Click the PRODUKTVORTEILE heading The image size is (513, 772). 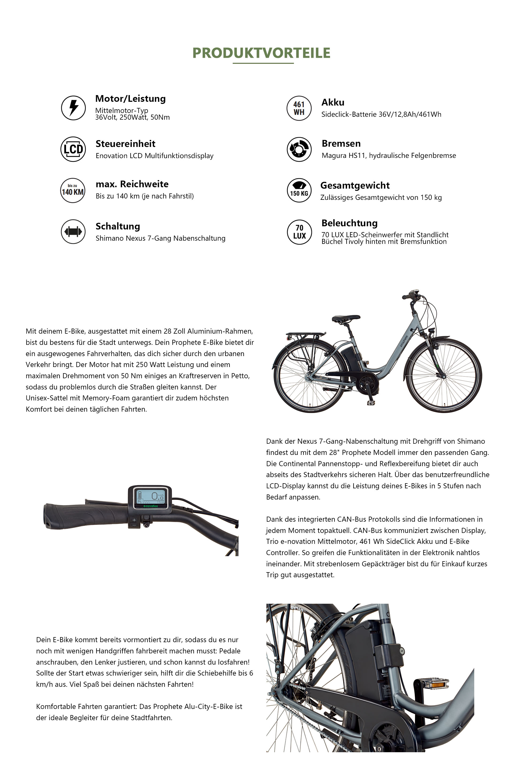[x=261, y=53]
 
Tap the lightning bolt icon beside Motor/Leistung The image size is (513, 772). [x=73, y=108]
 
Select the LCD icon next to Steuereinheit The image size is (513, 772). [x=73, y=149]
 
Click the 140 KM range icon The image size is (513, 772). [x=73, y=190]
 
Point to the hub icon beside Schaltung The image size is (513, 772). [x=73, y=232]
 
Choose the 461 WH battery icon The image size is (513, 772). [x=299, y=108]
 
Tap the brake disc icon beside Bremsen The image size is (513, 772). [x=299, y=149]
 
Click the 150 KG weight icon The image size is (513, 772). [x=299, y=190]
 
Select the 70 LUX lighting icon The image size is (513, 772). [x=299, y=232]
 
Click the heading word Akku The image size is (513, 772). [x=333, y=102]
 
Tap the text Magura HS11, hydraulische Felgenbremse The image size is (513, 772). [x=389, y=156]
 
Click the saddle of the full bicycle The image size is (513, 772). [x=345, y=318]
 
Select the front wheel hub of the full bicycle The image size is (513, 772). [x=444, y=376]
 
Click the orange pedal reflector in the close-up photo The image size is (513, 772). [x=438, y=684]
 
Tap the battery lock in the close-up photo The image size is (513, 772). [x=402, y=651]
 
